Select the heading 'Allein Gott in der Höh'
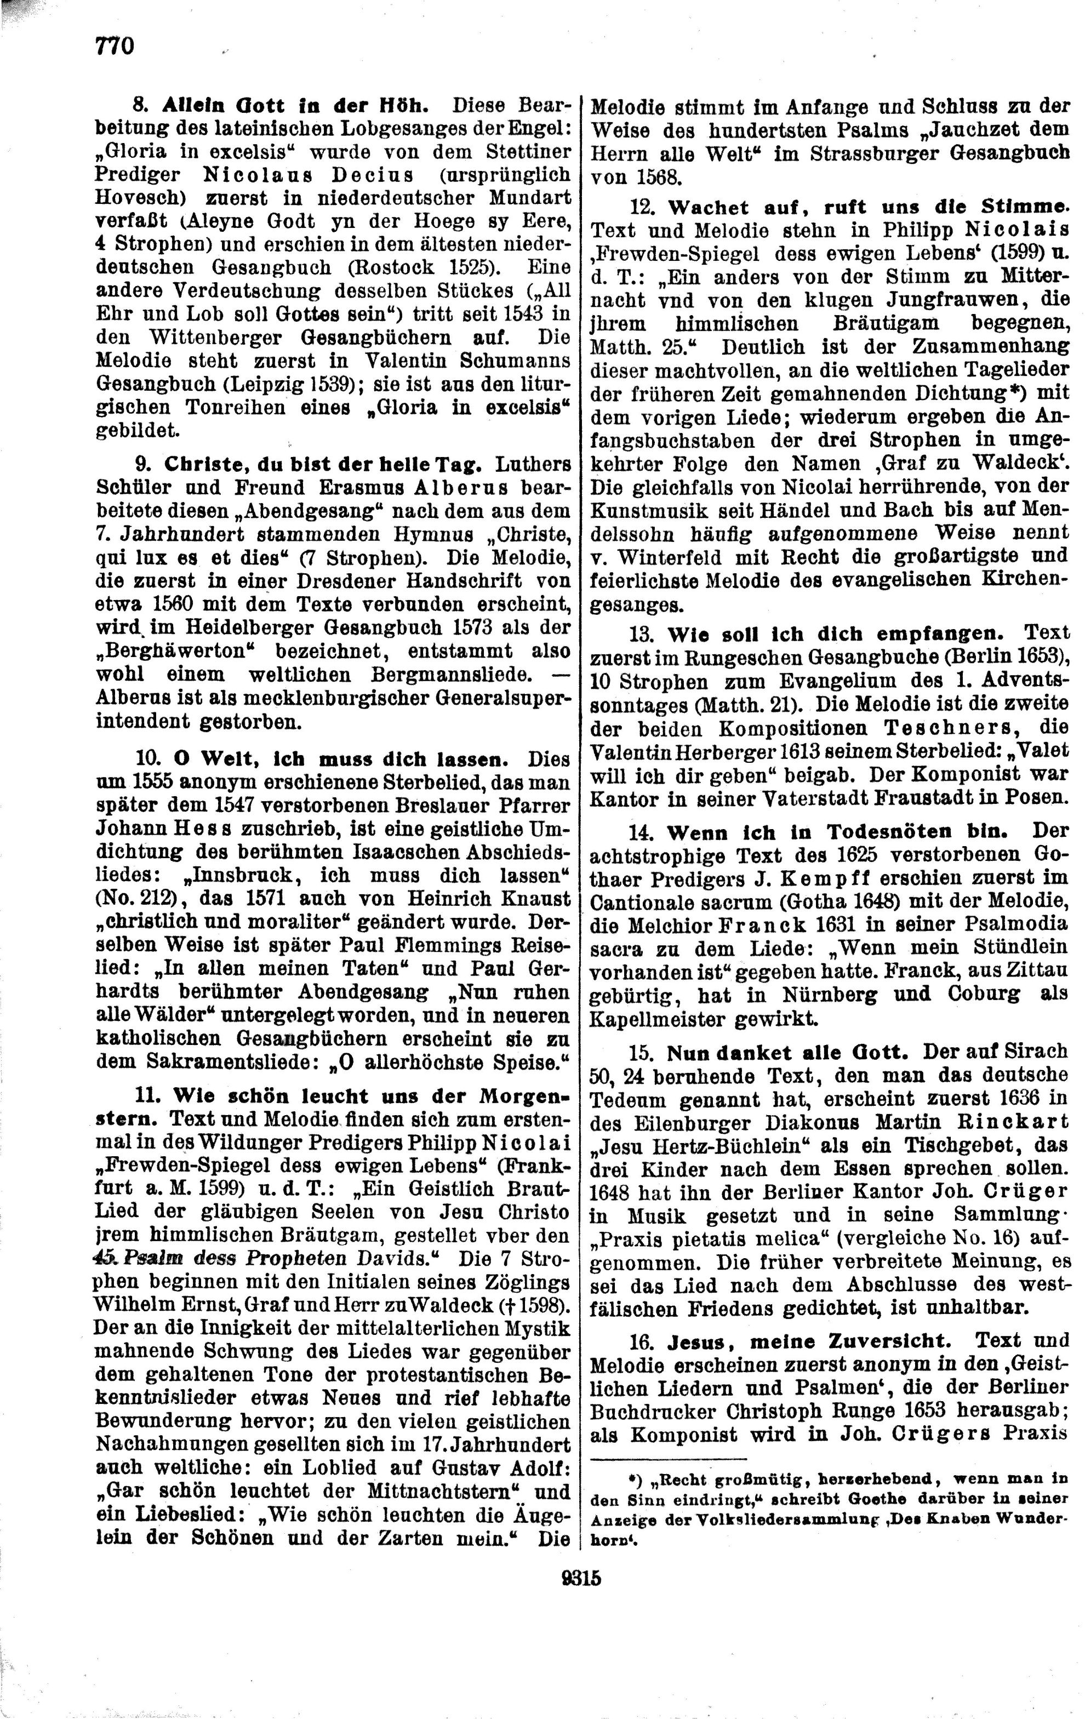[x=295, y=106]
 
